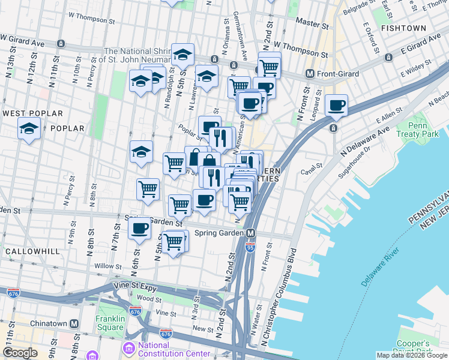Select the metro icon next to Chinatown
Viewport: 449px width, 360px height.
click(x=74, y=323)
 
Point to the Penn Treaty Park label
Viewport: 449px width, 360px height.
click(x=412, y=131)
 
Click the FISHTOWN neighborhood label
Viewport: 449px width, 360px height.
click(x=403, y=28)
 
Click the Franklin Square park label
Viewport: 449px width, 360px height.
click(x=110, y=323)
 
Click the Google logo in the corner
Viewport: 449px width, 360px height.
click(x=20, y=353)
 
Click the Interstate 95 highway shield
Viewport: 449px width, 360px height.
click(x=250, y=246)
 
